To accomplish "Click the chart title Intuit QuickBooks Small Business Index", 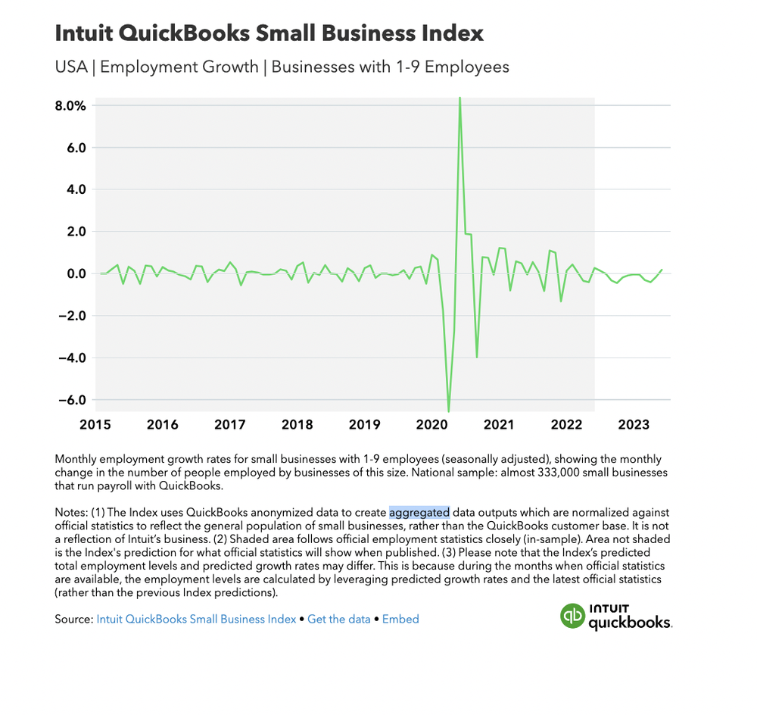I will pos(269,33).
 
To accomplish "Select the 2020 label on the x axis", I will pos(431,425).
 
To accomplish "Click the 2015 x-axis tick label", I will pos(95,425).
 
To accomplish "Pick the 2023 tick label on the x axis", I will pos(633,425).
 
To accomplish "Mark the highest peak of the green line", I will pos(459,99).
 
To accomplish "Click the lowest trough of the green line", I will pos(449,411).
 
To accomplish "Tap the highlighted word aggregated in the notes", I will pos(419,513).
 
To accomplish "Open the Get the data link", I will pos(339,619).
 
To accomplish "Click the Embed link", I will pos(400,619).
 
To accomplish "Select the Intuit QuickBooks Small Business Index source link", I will pos(196,619).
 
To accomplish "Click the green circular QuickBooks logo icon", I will pos(572,616).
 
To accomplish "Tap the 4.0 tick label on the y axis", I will pos(74,189).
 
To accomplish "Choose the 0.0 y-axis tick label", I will pos(74,273).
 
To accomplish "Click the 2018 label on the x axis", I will pos(297,425).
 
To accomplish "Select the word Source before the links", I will pos(73,619).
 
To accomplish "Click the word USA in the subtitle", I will pos(70,67).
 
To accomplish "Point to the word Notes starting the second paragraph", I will pos(70,513).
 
